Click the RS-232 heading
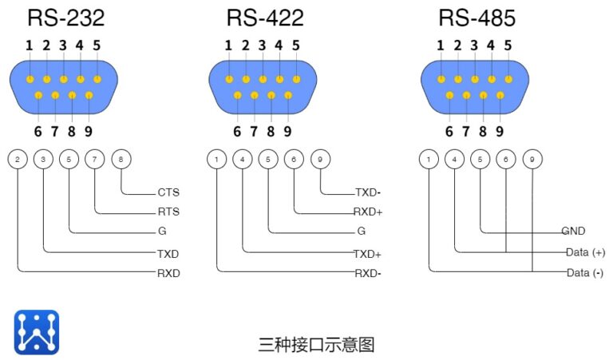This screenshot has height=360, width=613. tap(66, 18)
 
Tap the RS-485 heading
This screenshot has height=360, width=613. tap(477, 18)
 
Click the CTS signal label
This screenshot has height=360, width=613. tap(168, 192)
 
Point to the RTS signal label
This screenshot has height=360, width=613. tap(168, 212)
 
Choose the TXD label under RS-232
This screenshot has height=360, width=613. tap(168, 253)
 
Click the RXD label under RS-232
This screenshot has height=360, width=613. tap(168, 273)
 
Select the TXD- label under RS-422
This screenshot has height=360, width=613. tap(368, 192)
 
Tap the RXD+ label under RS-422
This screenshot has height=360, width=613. tap(368, 212)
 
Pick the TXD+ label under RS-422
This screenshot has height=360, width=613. tap(368, 253)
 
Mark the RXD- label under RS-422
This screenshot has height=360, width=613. tap(368, 273)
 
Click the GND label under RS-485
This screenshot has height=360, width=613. tap(573, 231)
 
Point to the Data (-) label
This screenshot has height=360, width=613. tap(584, 273)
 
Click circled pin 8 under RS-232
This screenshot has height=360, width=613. tap(121, 160)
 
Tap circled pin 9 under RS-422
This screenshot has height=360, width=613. tap(320, 160)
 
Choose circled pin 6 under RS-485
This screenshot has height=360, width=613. tap(506, 160)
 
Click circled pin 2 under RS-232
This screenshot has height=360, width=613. tap(18, 160)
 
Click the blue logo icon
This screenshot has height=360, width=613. tap(37, 333)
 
